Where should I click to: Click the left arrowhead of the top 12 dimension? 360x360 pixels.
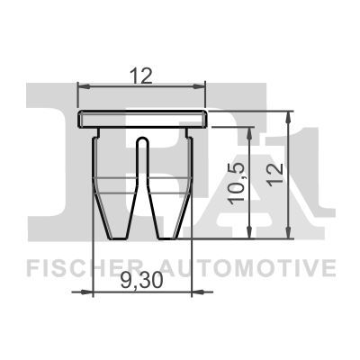[83, 86]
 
